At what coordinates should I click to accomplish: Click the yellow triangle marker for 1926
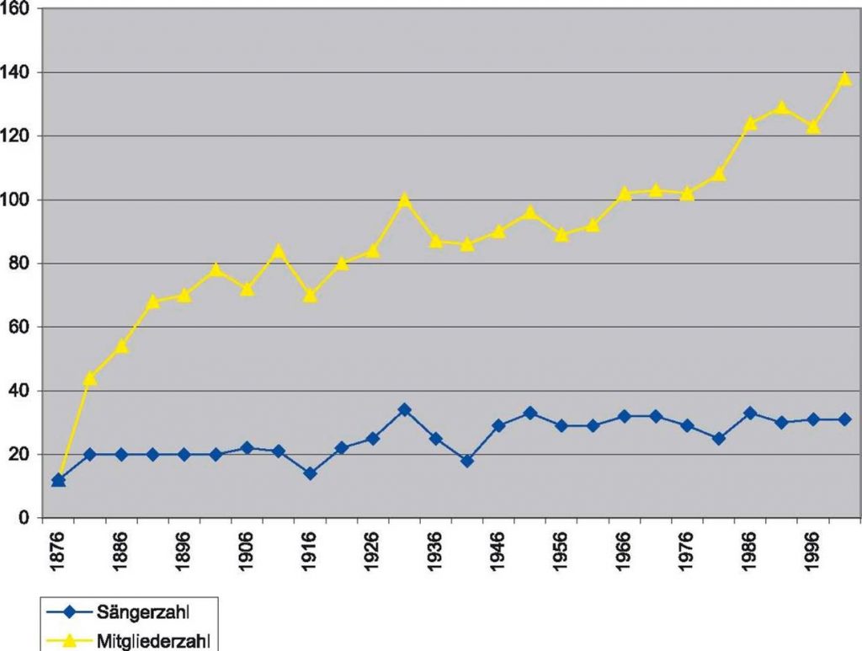tap(373, 251)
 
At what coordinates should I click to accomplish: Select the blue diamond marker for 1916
tap(310, 473)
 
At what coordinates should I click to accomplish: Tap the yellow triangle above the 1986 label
tap(750, 124)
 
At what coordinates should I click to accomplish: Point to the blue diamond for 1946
tap(499, 425)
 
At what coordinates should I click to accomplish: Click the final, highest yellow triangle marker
tap(845, 79)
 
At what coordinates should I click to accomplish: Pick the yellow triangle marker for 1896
tap(184, 296)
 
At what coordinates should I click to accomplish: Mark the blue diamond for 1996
tap(813, 419)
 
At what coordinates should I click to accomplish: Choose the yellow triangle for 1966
tap(625, 194)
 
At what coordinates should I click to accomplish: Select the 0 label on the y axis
tap(25, 518)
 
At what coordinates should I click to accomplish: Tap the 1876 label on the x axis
tap(58, 552)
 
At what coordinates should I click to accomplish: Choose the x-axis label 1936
tap(436, 552)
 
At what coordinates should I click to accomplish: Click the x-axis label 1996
tap(813, 552)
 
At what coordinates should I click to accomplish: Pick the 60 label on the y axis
tap(21, 328)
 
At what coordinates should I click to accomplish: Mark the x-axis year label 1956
tap(562, 552)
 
